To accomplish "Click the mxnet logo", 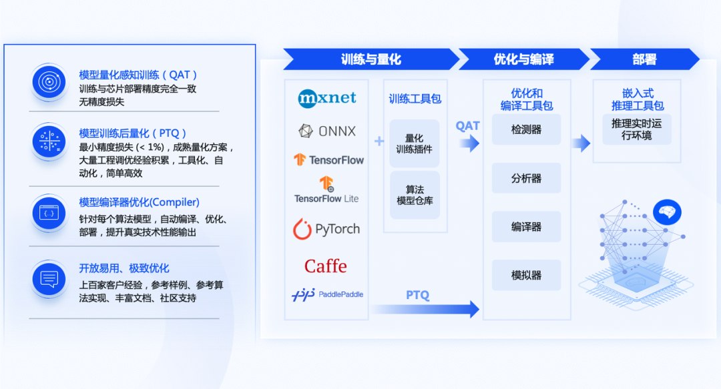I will [327, 98].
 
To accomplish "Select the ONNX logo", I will [327, 131].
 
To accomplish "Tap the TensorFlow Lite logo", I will [326, 190].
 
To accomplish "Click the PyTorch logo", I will [326, 230].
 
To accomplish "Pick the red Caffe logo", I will [326, 266].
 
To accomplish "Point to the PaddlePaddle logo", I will [327, 294].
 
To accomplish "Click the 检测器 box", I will [526, 130].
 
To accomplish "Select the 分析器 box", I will [526, 178].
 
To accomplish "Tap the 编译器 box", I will [526, 227].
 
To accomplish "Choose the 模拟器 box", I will [526, 275].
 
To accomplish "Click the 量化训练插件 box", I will [415, 143].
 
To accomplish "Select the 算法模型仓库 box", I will [415, 195].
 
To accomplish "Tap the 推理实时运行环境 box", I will [636, 129].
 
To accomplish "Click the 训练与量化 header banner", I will [371, 59].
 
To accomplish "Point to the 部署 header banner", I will [644, 59].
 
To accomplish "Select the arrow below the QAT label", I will [469, 143].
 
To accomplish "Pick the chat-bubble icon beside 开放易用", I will [49, 279].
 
